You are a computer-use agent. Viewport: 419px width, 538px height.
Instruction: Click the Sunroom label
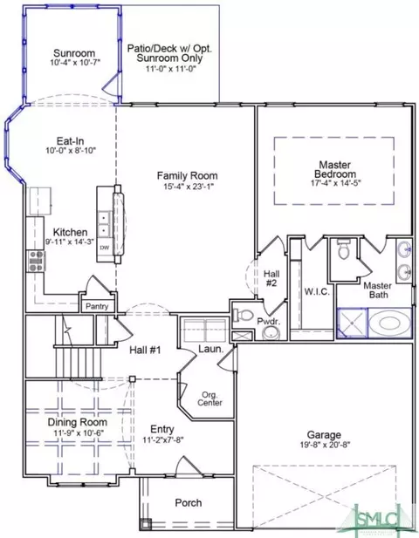pos(74,53)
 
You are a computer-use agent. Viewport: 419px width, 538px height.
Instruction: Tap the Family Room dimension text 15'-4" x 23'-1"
pos(189,187)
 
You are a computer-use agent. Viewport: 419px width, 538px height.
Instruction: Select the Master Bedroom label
pos(335,169)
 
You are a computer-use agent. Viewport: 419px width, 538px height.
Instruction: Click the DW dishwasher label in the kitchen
pos(105,248)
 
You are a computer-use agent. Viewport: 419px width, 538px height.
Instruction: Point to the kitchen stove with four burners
pos(36,261)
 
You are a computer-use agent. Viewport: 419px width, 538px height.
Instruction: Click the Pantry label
pos(97,306)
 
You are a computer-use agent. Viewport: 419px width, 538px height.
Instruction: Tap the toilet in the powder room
pos(243,315)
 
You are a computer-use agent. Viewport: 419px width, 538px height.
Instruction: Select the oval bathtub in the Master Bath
pos(389,323)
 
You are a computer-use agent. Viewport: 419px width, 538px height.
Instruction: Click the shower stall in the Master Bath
pos(352,323)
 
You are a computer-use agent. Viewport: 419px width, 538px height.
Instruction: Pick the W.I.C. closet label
pos(317,292)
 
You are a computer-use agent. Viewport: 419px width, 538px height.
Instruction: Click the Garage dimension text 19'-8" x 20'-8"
pos(325,445)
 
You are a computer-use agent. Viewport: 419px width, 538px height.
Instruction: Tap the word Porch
pos(189,502)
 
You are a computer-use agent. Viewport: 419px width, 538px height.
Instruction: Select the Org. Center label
pos(209,398)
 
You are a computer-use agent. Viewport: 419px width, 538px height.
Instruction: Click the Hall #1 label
pos(145,350)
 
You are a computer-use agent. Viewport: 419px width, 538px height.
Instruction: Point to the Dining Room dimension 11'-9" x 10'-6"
pos(79,433)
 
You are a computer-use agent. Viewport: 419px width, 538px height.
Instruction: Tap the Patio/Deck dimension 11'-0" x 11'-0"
pos(171,69)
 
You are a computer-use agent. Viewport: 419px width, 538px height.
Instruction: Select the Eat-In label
pos(71,141)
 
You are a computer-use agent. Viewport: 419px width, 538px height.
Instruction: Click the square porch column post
pos(145,524)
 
